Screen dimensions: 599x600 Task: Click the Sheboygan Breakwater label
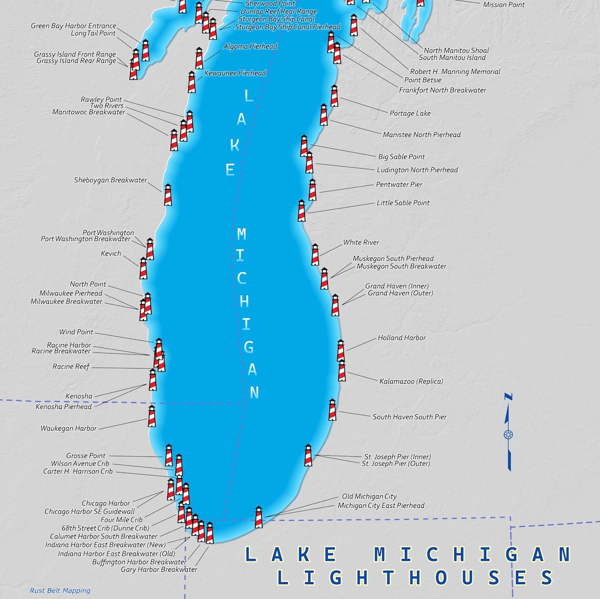coord(111,180)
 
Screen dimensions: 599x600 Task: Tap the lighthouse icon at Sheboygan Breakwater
coord(168,195)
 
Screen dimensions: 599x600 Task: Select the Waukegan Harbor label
coord(68,429)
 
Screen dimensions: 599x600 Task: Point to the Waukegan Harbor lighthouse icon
coord(152,416)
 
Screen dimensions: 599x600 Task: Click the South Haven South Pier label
coord(409,417)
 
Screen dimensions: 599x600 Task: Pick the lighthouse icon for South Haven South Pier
coord(332,410)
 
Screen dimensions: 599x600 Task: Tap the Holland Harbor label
coord(402,338)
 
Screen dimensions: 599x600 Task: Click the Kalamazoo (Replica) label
coord(411,381)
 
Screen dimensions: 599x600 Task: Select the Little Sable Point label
coord(403,203)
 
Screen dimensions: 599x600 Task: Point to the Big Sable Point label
coord(402,157)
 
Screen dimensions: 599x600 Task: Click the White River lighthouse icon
coord(315,255)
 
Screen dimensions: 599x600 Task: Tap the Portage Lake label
coord(410,114)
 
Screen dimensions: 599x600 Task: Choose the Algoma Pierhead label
coord(250,47)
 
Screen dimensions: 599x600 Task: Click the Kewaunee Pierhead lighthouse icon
coord(192,82)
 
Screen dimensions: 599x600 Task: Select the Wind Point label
coord(76,333)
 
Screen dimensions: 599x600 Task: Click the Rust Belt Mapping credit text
coord(60,591)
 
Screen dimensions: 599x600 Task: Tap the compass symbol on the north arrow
coord(508,434)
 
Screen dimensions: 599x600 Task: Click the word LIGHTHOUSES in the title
coord(416,578)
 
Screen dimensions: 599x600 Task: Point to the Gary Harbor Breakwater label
coord(159,570)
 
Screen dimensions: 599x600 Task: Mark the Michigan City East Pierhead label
coord(381,506)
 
